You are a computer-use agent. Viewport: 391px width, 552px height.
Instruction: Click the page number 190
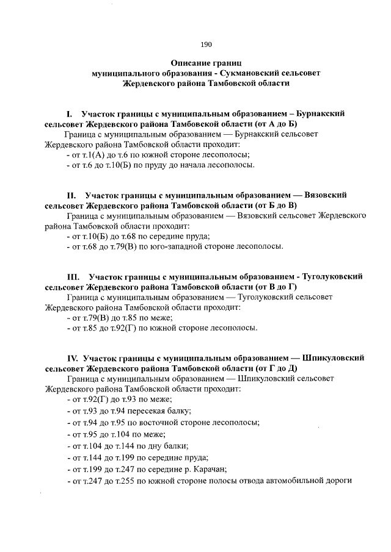(206, 44)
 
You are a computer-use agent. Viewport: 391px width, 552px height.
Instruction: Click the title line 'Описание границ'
(206, 63)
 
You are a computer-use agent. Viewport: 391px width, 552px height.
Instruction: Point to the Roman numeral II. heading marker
(71, 195)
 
